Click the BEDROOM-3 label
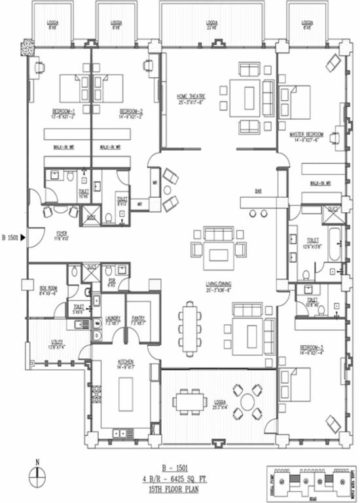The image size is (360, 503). (312, 346)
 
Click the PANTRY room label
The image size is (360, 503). (137, 320)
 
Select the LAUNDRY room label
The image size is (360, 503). (113, 320)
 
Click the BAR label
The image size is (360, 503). (259, 192)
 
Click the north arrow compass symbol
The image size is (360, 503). (39, 476)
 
